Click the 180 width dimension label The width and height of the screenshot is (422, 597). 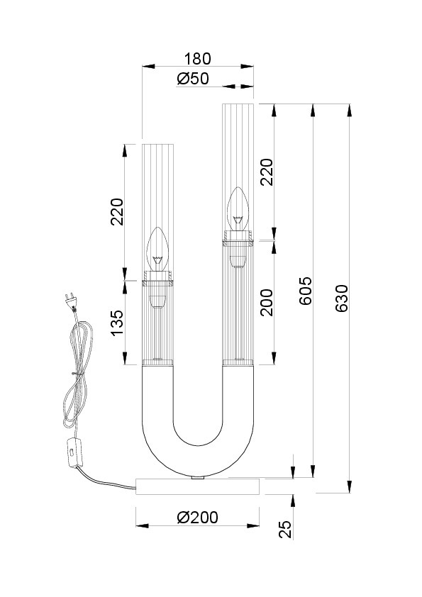197,59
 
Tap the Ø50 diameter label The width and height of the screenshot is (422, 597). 193,79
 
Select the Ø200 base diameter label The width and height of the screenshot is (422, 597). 198,518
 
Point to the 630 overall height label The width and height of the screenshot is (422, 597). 342,298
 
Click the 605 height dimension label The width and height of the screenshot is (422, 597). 305,291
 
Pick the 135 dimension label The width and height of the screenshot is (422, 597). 118,322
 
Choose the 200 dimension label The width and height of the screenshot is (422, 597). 267,302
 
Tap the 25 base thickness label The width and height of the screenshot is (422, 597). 285,529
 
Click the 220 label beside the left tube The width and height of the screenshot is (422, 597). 118,212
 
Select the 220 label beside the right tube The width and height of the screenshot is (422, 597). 267,172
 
